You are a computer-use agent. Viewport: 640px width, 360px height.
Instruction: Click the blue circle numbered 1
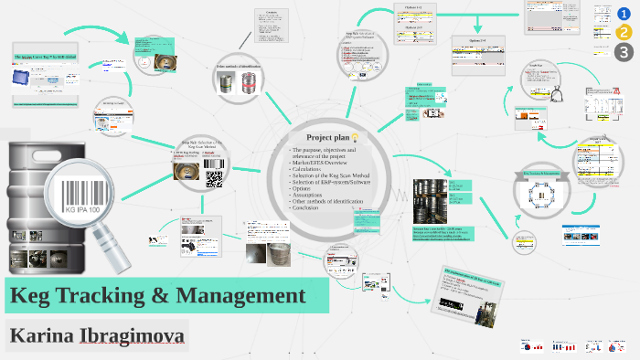(x=624, y=13)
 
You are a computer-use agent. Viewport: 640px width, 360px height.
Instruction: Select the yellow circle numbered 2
(x=624, y=33)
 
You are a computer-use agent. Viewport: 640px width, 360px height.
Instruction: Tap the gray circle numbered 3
(x=624, y=53)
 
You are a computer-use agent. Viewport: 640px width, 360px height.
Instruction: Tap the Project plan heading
(x=326, y=136)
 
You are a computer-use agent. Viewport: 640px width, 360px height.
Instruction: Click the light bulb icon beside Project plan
(x=354, y=136)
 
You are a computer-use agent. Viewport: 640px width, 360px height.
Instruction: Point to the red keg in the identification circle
(x=241, y=89)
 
